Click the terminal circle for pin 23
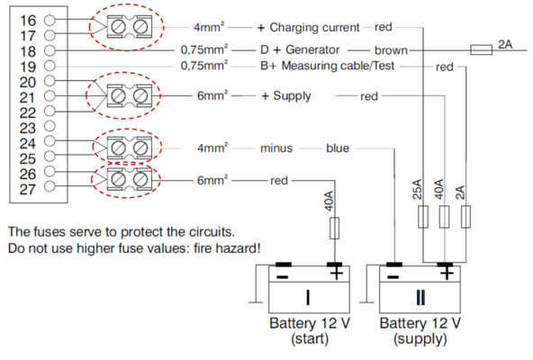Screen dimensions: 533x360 [x=50, y=126]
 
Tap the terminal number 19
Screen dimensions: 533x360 [x=28, y=67]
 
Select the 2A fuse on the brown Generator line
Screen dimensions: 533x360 [x=481, y=50]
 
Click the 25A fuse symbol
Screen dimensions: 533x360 [x=423, y=217]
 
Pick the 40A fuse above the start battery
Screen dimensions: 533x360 [x=335, y=228]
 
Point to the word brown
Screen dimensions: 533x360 [x=391, y=50]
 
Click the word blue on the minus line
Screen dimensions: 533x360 [x=338, y=148]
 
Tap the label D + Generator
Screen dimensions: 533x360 [x=300, y=50]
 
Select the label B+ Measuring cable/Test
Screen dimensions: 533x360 [x=328, y=66]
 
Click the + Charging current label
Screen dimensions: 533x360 [x=308, y=28]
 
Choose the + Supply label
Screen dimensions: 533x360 [x=286, y=96]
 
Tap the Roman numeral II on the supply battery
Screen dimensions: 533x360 [x=420, y=298]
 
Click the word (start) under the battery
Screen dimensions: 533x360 [x=310, y=339]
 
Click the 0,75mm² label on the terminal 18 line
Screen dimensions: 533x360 [x=204, y=50]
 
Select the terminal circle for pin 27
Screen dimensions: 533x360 [x=50, y=186]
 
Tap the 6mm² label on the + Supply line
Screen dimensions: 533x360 [x=212, y=95]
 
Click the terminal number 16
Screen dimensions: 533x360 [x=28, y=21]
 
